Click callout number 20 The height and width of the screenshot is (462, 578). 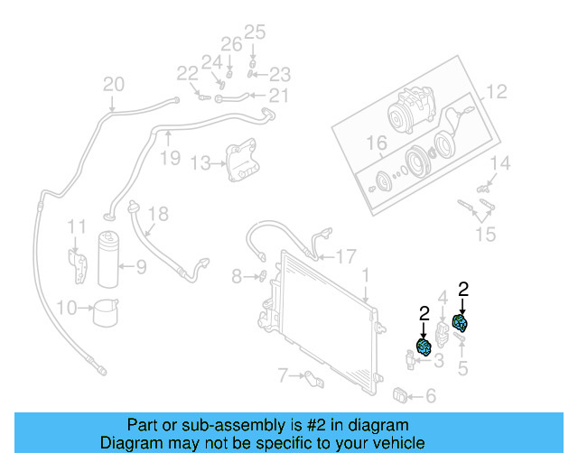113,85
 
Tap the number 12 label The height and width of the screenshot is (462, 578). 497,91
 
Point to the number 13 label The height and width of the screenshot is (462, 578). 200,163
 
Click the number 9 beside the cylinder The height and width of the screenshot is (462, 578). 140,266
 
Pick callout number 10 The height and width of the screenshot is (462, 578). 66,308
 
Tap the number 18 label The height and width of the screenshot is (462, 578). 158,214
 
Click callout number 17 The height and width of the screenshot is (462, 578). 346,255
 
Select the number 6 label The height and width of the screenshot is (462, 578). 430,395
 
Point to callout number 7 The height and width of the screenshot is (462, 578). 283,374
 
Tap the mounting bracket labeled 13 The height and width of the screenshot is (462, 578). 241,162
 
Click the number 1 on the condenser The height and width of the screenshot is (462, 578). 365,274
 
